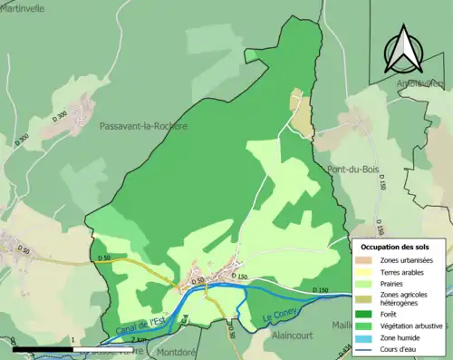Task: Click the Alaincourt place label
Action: tap(293, 335)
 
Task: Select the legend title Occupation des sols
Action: tap(395, 247)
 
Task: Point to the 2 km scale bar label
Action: tap(138, 339)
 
